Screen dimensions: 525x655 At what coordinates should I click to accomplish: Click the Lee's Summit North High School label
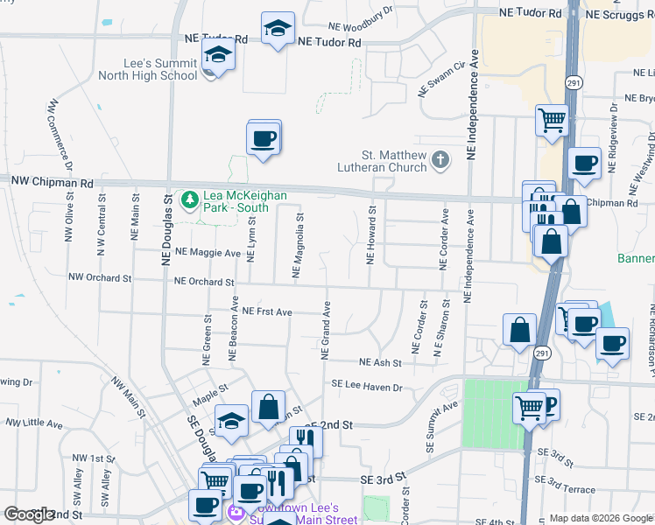point(163,69)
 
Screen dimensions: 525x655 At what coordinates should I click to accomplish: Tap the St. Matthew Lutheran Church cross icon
point(440,159)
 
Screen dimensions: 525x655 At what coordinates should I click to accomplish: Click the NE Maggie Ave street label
point(208,252)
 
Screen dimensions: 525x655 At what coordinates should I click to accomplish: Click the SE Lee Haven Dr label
point(366,386)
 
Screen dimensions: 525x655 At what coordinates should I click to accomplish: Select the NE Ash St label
point(380,362)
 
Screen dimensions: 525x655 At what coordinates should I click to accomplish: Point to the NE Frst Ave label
point(267,311)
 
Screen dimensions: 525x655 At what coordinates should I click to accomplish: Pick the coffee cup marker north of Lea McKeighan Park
point(264,138)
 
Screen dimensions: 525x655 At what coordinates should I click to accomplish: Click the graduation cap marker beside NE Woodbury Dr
point(278,31)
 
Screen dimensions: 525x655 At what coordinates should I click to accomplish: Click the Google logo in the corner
point(29,514)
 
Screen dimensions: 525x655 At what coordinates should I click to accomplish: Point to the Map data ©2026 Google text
point(601,518)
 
